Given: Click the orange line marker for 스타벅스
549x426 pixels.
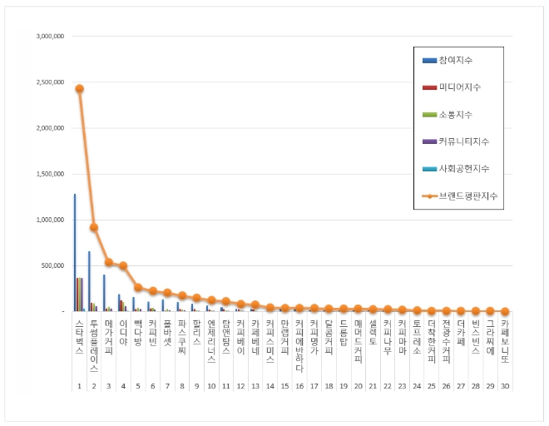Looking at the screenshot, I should pos(79,88).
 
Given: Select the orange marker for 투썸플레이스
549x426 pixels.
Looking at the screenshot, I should pos(94,227).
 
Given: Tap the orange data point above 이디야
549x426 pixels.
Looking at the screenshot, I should pos(123,266).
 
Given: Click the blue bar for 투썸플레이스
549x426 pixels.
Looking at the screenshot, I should pos(89,281).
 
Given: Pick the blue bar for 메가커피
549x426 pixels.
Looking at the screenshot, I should pos(104,293).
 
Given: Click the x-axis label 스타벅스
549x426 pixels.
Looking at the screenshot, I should pos(79,334).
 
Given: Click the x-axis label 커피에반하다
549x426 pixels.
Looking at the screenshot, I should pos(299,344).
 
